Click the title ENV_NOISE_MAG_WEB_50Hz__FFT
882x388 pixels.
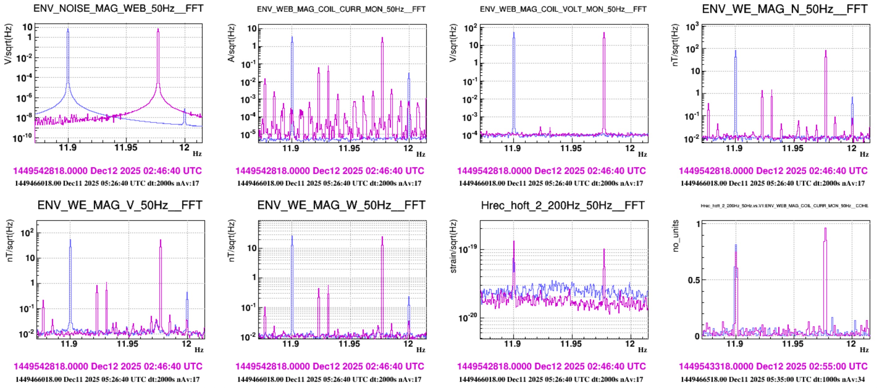pyautogui.click(x=118, y=8)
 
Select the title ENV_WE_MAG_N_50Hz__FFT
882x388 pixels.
pyautogui.click(x=784, y=9)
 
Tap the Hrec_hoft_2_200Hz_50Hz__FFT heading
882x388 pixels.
pyautogui.click(x=563, y=205)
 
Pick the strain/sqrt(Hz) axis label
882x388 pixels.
pyautogui.click(x=453, y=246)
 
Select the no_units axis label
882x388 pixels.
pyautogui.click(x=675, y=236)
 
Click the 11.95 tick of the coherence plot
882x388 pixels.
pyautogui.click(x=793, y=344)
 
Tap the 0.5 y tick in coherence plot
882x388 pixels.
pyautogui.click(x=694, y=280)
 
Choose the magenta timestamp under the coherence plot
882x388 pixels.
pyautogui.click(x=773, y=366)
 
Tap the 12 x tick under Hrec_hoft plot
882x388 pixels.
pyautogui.click(x=630, y=344)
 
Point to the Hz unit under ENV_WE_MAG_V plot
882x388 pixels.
pyautogui.click(x=199, y=350)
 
